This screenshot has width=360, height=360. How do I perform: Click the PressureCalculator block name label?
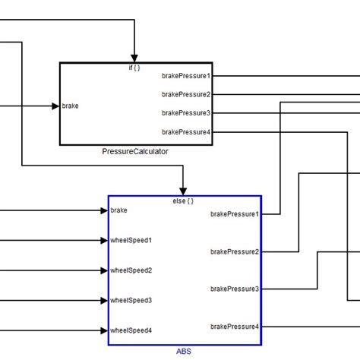tap(135, 151)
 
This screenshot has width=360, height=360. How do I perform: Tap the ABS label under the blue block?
tap(184, 352)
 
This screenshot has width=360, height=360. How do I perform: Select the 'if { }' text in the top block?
tap(134, 68)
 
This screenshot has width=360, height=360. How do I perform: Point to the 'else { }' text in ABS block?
tap(183, 201)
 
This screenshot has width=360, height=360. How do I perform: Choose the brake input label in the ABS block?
tap(118, 210)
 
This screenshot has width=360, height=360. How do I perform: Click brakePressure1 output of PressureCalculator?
tap(186, 76)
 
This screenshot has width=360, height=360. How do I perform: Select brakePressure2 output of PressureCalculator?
tap(186, 94)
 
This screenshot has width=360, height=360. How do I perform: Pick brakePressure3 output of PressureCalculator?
tap(186, 113)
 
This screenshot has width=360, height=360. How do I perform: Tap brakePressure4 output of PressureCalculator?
tap(186, 132)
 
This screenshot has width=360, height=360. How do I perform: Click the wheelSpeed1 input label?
tap(131, 241)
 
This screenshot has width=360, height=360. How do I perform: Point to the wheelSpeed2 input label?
tap(131, 270)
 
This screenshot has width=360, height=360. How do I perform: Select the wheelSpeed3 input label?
tap(131, 300)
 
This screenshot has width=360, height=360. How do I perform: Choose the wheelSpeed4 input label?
tap(131, 330)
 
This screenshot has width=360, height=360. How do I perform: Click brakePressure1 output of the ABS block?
tap(235, 214)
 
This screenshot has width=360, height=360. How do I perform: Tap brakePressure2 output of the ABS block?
tap(235, 251)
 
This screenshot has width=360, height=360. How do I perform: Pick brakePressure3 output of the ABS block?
tap(235, 289)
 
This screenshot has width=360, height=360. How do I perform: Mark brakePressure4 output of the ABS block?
tap(235, 327)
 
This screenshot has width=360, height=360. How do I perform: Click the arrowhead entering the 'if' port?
tap(134, 58)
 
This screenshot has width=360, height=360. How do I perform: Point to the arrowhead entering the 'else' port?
tap(183, 190)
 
